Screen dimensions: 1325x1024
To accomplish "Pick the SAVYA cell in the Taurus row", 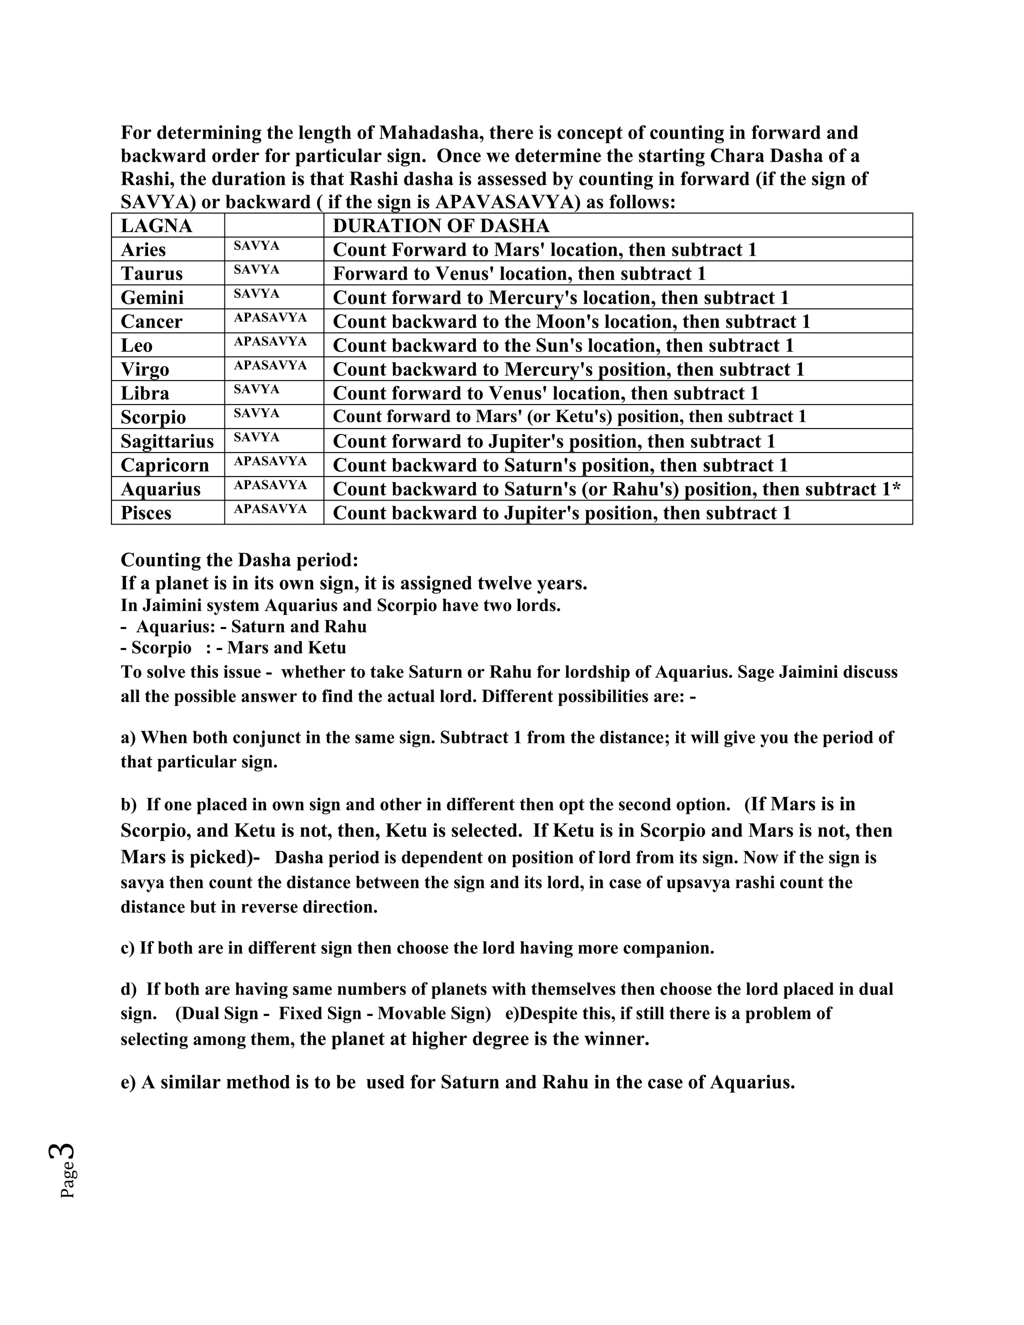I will (x=256, y=269).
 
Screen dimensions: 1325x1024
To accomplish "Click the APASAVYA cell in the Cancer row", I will (x=270, y=317).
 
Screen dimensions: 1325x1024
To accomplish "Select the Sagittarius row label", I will (x=167, y=441).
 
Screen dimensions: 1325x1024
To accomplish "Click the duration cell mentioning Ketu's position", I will (x=569, y=417).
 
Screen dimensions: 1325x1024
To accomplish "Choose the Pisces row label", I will (x=145, y=513).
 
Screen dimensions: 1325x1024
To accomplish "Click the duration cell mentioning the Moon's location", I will (x=571, y=321).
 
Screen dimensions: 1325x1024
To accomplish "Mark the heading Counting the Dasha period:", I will (x=239, y=560).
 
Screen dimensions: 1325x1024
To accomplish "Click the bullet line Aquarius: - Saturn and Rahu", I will (x=244, y=626).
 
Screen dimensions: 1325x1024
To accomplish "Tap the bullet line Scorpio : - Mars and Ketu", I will (x=233, y=648).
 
